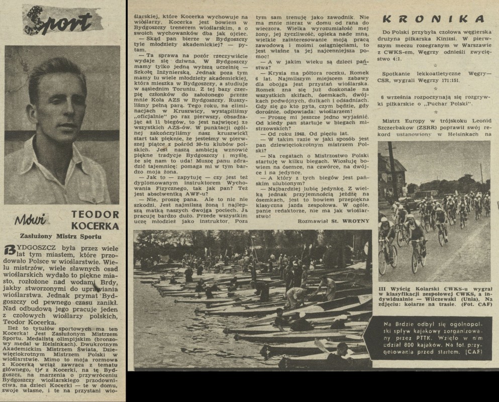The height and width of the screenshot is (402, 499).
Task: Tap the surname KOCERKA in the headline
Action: click(95, 226)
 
